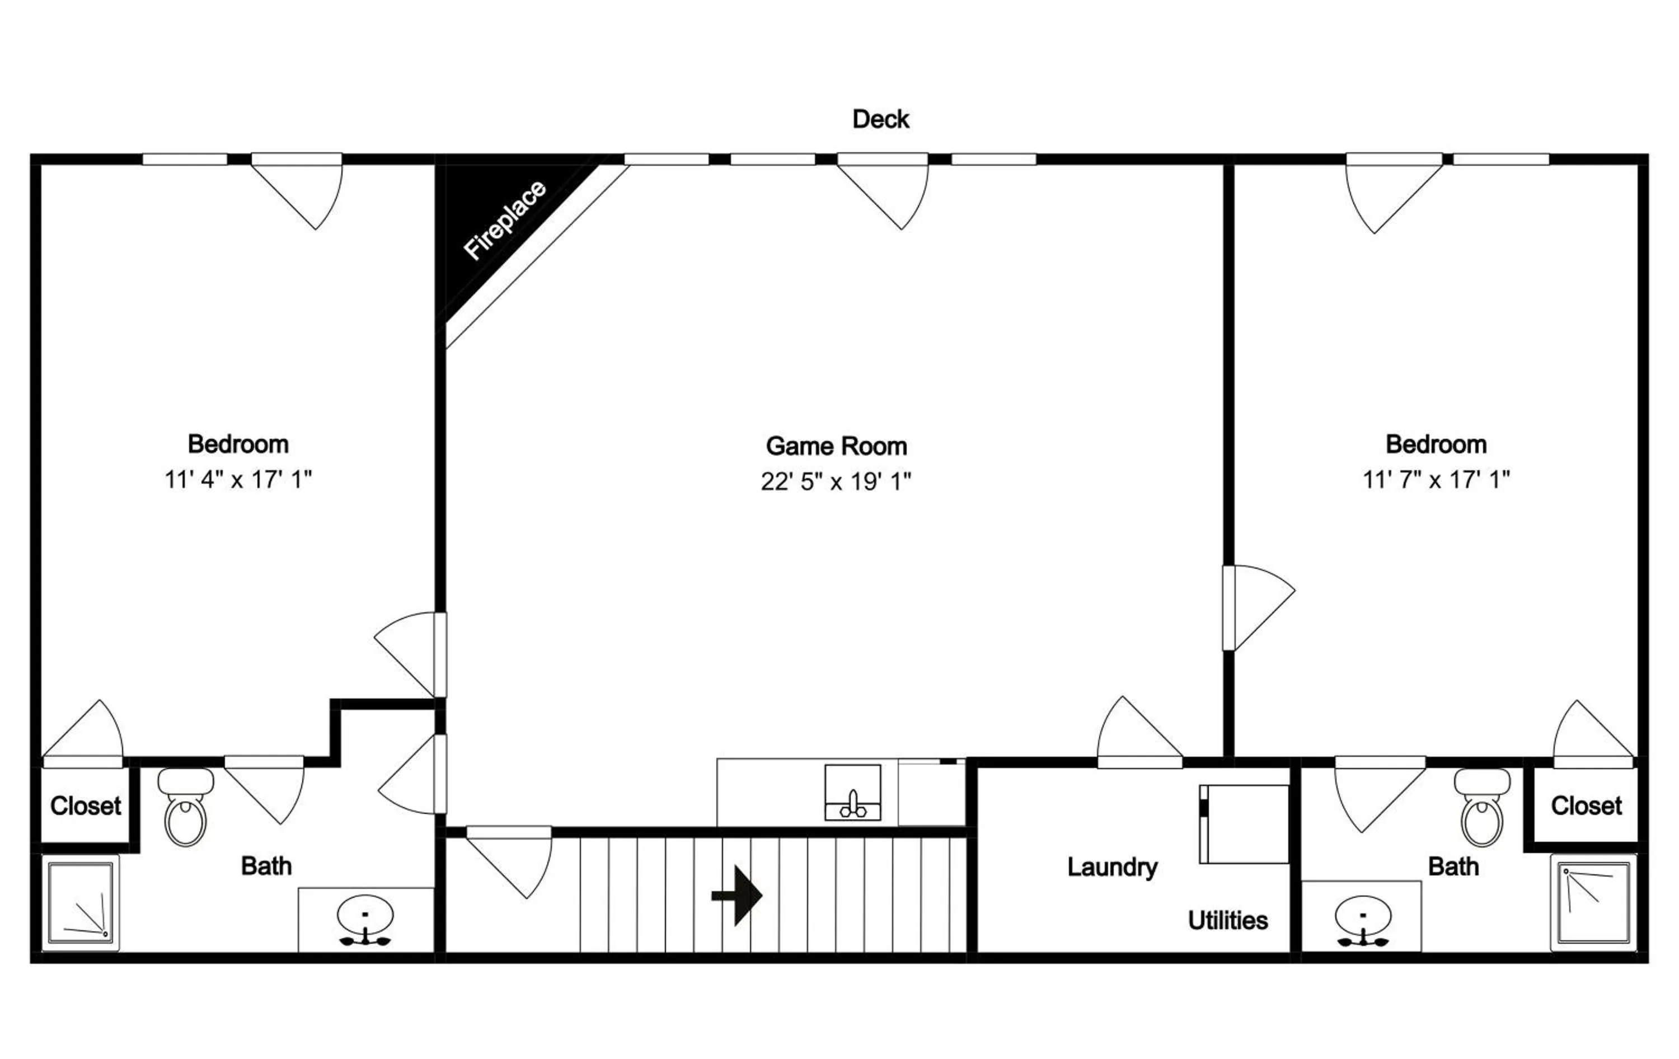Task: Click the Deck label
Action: (881, 119)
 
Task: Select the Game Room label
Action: (836, 446)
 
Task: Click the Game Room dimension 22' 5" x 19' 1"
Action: (836, 481)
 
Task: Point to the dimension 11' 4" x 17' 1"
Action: (238, 480)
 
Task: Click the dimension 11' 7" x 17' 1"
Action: (1436, 480)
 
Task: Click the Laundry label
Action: (1112, 867)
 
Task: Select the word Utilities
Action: (1228, 921)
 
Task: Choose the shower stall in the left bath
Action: (80, 903)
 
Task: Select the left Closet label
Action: (86, 806)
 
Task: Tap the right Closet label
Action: (1586, 806)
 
